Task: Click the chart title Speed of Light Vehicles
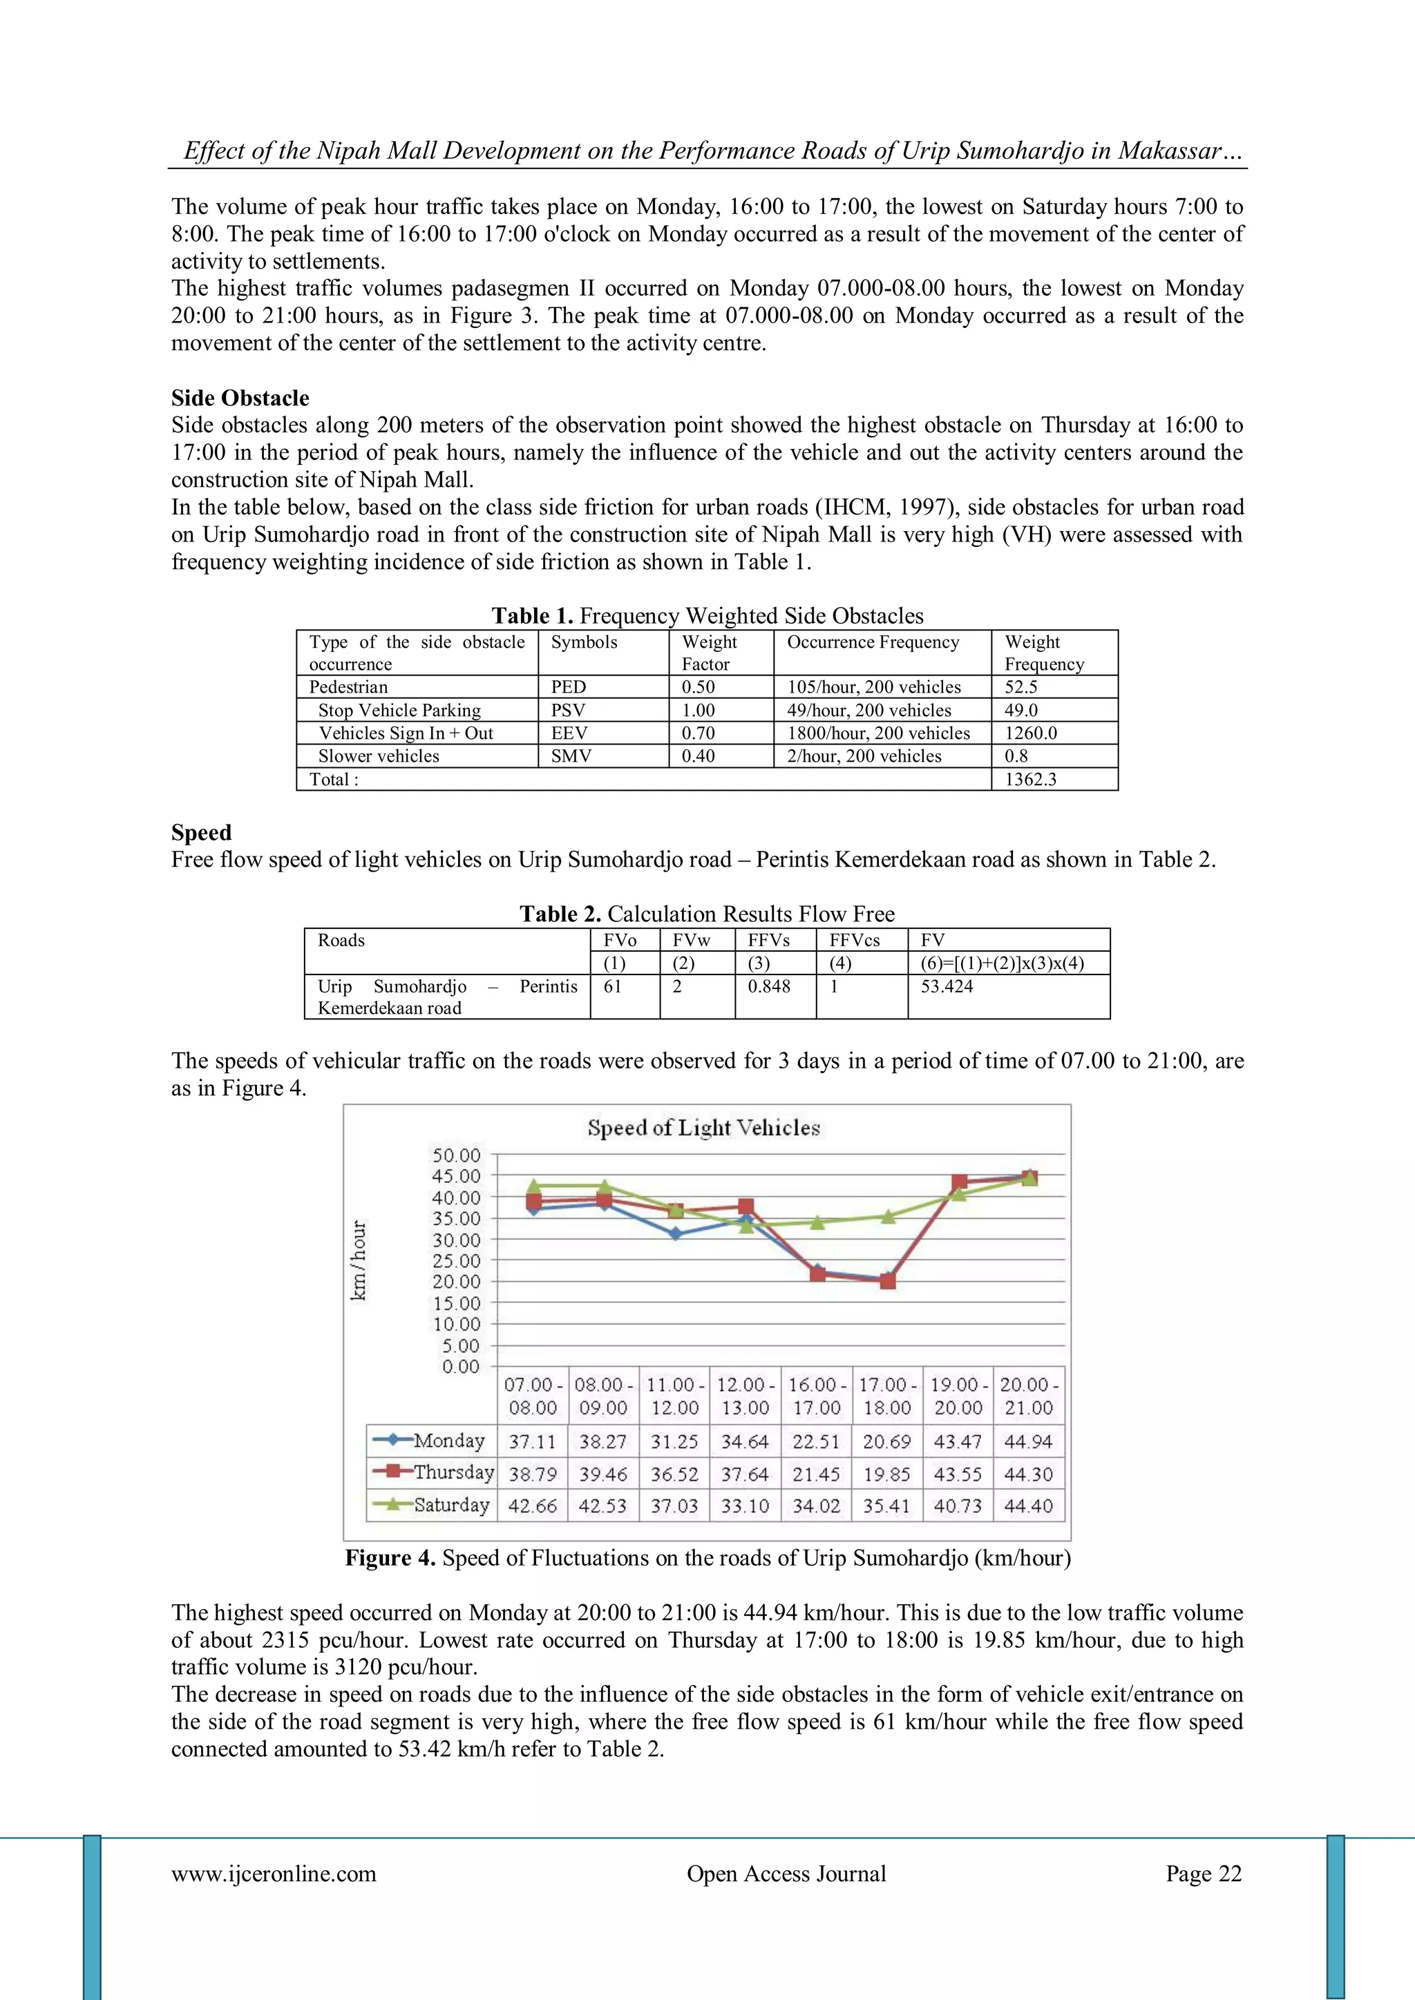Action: (x=703, y=1127)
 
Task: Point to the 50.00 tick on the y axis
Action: (x=457, y=1155)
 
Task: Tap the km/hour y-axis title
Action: (x=358, y=1260)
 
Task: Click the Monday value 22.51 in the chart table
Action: (x=815, y=1441)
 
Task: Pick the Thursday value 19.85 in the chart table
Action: (x=886, y=1474)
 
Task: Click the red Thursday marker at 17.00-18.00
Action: (x=887, y=1280)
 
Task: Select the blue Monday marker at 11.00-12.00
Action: (x=675, y=1233)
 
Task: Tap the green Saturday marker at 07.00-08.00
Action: (x=534, y=1186)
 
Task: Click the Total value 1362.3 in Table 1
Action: (x=1030, y=780)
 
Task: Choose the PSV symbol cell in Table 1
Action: (x=568, y=710)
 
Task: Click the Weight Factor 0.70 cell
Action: (x=698, y=733)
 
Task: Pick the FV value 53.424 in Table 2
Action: (x=947, y=986)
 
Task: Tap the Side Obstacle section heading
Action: (x=240, y=398)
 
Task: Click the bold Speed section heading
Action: (x=201, y=832)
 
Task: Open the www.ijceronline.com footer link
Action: (x=274, y=1873)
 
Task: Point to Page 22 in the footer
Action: (x=1204, y=1873)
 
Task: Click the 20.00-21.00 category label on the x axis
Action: (x=1028, y=1396)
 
